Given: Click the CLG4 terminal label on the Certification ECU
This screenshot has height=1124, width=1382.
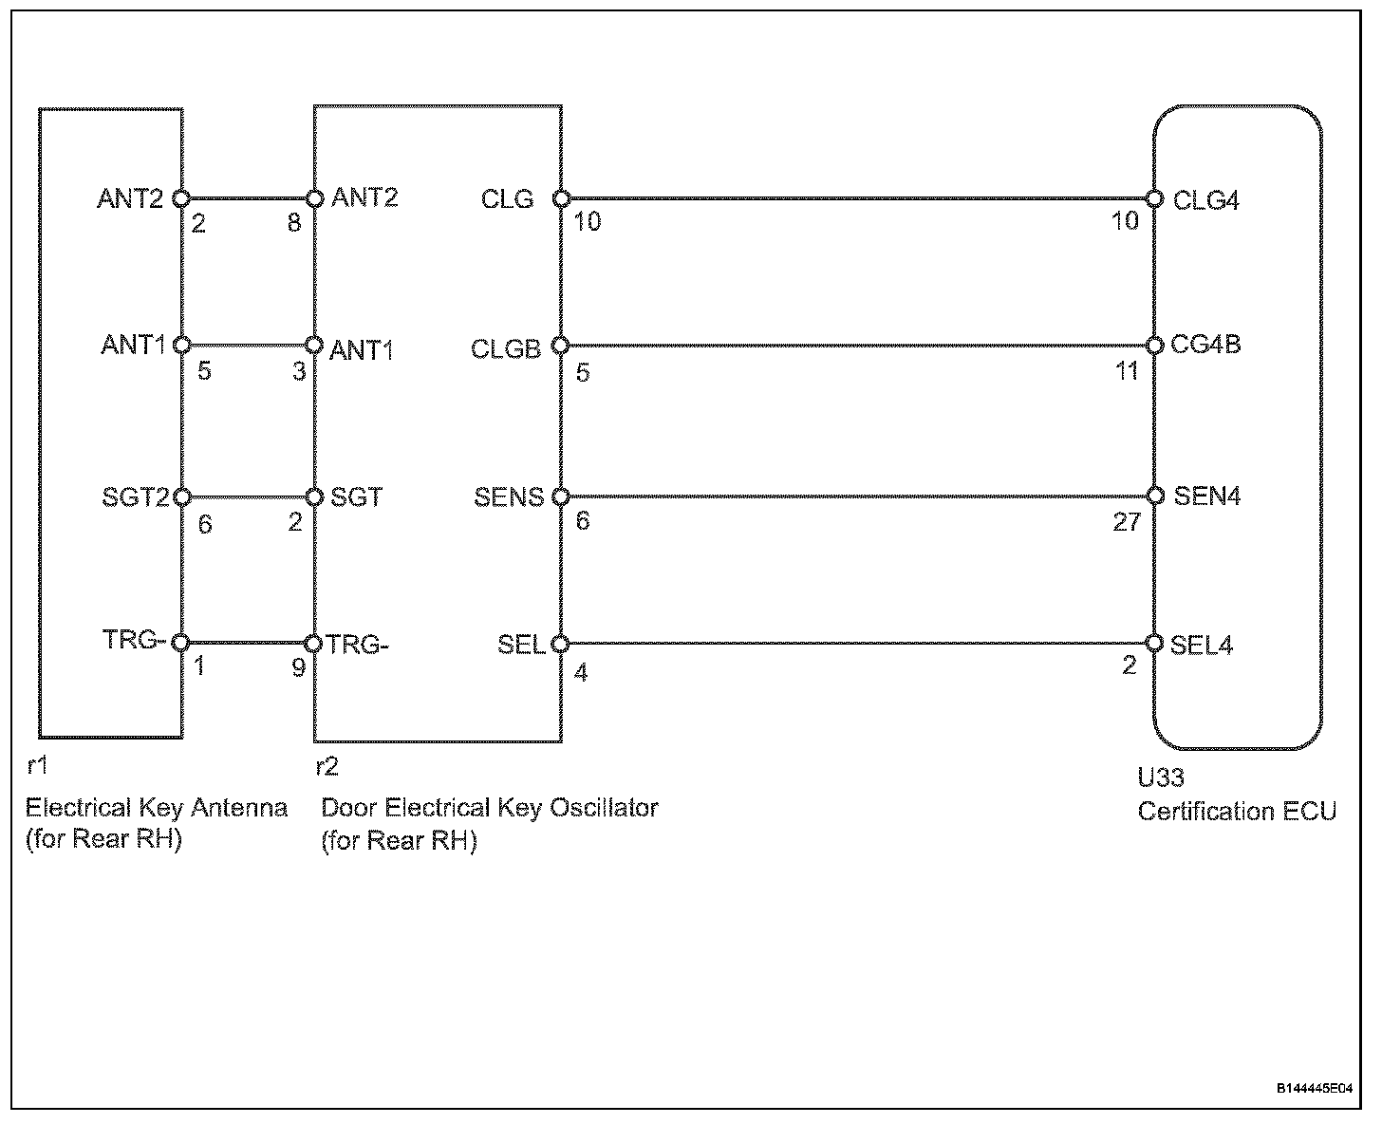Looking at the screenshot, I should point(1205,200).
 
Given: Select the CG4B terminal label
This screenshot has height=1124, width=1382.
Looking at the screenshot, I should point(1205,345).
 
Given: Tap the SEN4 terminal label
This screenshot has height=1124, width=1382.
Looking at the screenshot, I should point(1206,496).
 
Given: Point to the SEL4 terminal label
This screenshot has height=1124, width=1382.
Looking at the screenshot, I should point(1202,646).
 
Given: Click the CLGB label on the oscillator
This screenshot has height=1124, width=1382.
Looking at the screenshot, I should point(505,349).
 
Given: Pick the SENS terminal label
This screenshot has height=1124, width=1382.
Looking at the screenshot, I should point(509,496).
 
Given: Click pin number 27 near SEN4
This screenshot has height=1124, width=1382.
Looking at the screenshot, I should point(1126,522).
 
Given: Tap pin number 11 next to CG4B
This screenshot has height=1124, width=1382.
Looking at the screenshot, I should point(1127,370).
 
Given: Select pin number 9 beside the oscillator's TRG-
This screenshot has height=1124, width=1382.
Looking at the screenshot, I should point(298,667).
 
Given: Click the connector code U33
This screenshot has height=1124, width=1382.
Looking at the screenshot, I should point(1161,778).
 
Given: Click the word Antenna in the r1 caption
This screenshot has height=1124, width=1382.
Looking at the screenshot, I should point(239,808).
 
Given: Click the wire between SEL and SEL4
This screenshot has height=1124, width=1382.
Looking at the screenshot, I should point(854,644).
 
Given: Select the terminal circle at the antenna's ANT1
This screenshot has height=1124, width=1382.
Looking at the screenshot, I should point(182,345).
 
